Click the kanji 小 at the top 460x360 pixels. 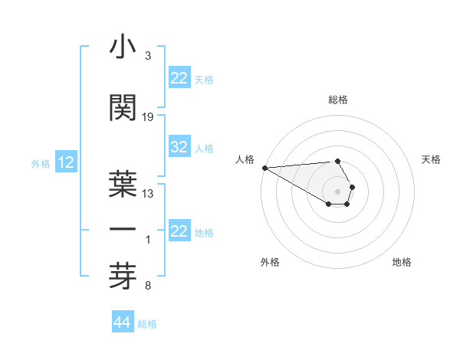click(123, 48)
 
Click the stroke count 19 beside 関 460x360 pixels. click(148, 116)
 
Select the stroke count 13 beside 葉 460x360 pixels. click(148, 193)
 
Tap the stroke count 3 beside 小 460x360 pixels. click(148, 56)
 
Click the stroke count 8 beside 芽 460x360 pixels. click(148, 286)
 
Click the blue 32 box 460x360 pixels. click(179, 148)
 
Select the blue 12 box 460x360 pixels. click(66, 162)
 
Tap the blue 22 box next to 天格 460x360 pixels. click(179, 78)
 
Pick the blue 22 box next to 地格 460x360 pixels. click(179, 231)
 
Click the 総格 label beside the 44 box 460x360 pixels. click(147, 324)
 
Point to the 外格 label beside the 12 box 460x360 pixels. click(41, 163)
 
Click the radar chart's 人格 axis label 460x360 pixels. click(245, 159)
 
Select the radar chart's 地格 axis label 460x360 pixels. click(402, 262)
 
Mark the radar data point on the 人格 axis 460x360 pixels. click(264, 168)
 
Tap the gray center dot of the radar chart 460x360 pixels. click(337, 191)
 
